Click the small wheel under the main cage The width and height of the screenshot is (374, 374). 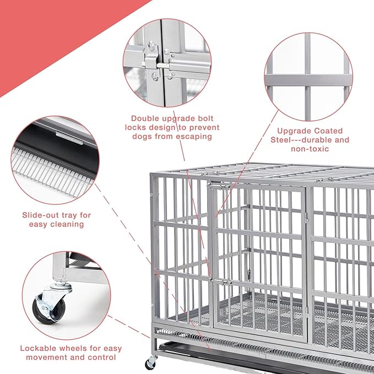(150, 364)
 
